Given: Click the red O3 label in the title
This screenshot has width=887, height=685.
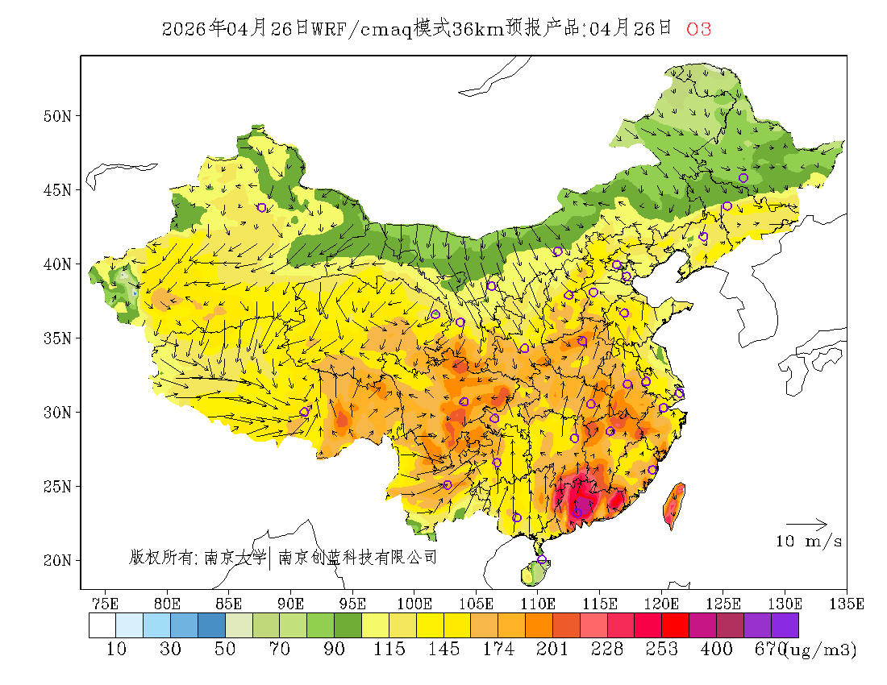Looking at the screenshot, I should (x=698, y=29).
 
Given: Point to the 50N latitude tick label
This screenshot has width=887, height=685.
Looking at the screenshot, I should (x=57, y=116).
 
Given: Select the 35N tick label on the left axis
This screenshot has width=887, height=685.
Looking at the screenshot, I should (x=57, y=338).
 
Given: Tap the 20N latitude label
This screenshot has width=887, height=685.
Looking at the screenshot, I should (x=57, y=560).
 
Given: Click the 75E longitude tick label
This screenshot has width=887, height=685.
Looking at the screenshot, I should (x=106, y=603).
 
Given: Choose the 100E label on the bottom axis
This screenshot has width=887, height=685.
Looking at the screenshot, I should (x=414, y=603).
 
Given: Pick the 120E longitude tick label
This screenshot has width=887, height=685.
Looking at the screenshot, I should (x=662, y=603).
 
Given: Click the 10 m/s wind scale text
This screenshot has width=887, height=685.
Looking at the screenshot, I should (x=809, y=542).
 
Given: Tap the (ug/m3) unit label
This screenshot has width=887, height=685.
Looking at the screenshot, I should (x=820, y=650).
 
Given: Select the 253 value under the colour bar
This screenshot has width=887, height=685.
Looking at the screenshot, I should (x=662, y=650).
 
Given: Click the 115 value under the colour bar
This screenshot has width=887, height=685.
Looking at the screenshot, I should (x=389, y=650).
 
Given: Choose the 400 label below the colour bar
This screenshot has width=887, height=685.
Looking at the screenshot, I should (x=717, y=650).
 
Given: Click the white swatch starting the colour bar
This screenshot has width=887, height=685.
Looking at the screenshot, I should (x=102, y=626).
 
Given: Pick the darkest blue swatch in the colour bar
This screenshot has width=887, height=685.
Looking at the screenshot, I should (x=211, y=626).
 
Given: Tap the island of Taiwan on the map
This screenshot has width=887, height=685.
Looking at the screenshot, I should (x=674, y=504).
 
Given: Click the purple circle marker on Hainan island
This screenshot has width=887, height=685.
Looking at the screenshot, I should (x=542, y=560).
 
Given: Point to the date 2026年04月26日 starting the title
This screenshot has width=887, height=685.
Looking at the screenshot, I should (x=235, y=29).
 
